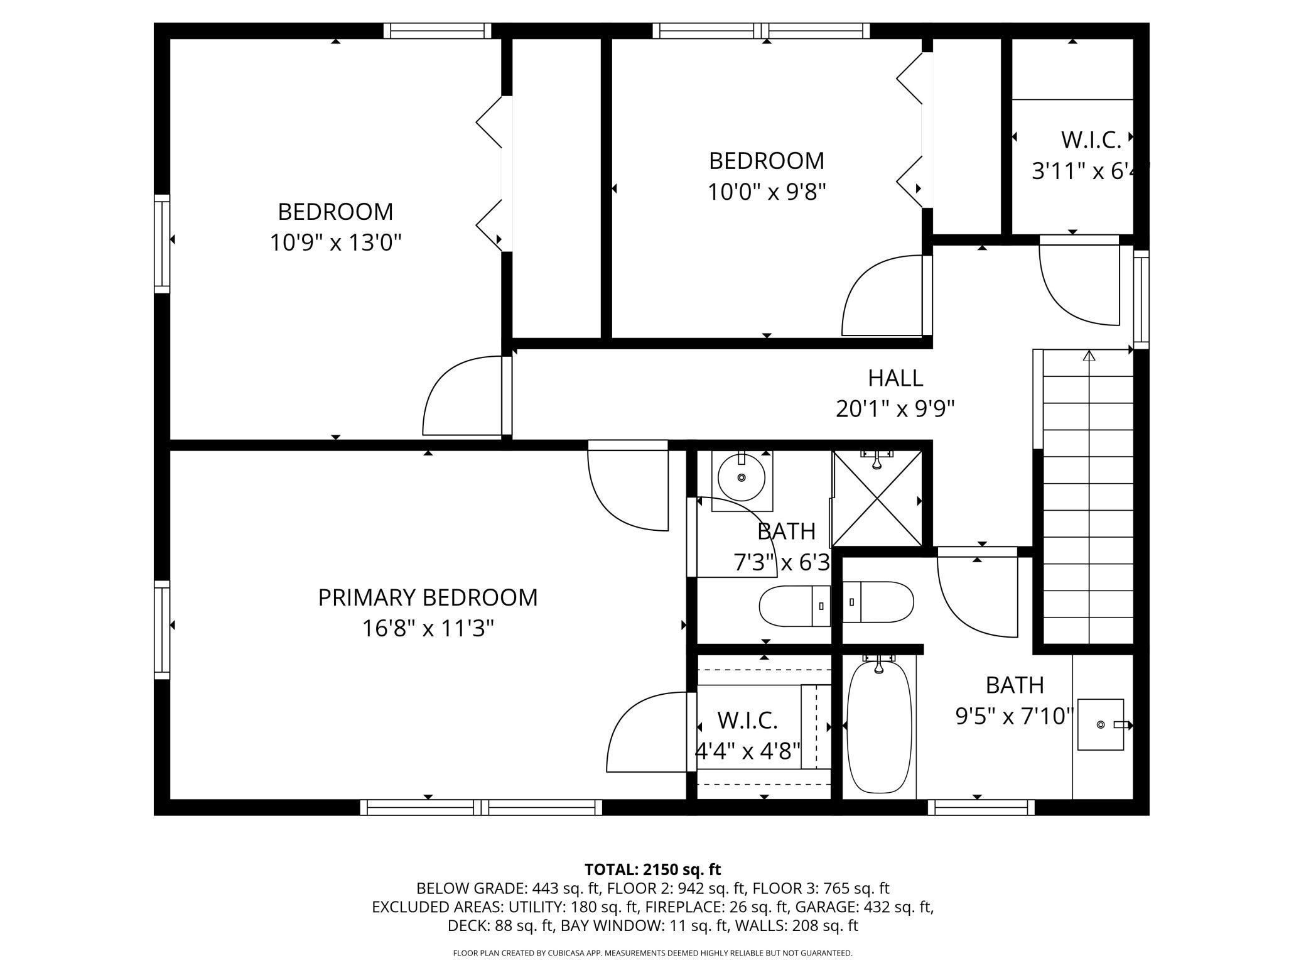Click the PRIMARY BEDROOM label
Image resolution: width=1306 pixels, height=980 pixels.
(428, 597)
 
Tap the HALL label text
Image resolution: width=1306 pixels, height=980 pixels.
(895, 378)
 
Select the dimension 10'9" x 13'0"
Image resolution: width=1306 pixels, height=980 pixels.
(335, 242)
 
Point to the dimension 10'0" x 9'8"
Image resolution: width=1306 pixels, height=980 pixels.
(766, 191)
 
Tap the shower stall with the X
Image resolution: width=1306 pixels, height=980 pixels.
(877, 498)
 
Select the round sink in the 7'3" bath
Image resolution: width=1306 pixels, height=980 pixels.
(742, 478)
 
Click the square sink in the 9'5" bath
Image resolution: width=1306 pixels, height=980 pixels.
(1101, 724)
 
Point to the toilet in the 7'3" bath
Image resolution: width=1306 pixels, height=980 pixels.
(795, 606)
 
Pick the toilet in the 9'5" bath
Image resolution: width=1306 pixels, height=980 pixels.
(878, 602)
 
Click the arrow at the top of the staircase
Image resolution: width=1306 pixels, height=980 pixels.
(1089, 356)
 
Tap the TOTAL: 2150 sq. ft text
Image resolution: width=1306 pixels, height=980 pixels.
(653, 869)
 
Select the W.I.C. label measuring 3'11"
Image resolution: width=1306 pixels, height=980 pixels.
(1091, 140)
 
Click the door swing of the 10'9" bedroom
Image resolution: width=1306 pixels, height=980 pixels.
(465, 395)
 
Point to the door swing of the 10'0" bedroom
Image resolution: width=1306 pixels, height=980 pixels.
(884, 295)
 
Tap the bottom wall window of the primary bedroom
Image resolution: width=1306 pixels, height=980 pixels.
(481, 807)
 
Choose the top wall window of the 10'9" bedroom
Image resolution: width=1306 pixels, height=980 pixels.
(438, 31)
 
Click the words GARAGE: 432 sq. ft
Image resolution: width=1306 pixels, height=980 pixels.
(863, 907)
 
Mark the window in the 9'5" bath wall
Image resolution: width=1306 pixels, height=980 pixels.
(981, 807)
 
